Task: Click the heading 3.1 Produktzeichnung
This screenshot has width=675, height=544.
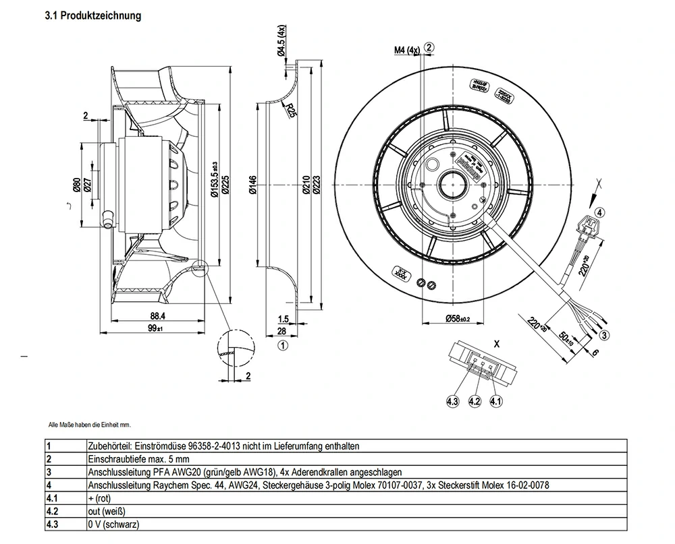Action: (93, 16)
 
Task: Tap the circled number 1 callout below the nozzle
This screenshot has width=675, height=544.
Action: (283, 345)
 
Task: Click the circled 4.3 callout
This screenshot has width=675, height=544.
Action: (452, 402)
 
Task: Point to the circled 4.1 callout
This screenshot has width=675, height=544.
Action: (496, 402)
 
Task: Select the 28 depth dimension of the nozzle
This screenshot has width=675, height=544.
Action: (283, 332)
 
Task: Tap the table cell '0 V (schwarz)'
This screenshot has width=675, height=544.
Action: (114, 524)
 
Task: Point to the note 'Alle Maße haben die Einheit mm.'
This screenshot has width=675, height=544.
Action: (90, 425)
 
